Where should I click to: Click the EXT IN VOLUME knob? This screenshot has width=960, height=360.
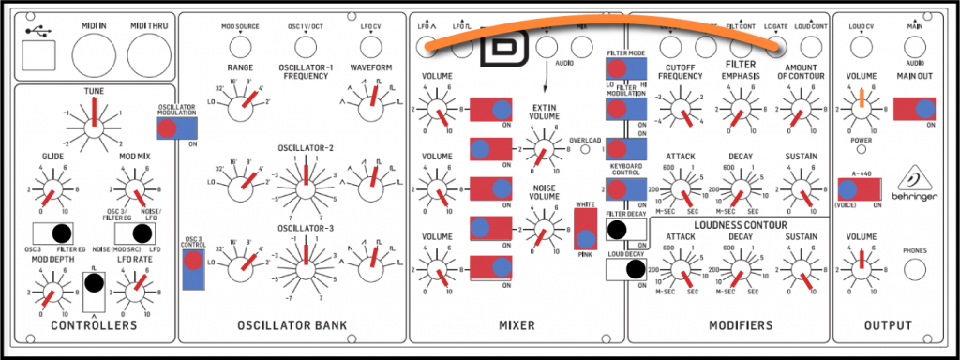click(541, 150)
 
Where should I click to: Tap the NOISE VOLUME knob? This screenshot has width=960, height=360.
click(541, 227)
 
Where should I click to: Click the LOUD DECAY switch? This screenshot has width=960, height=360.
click(627, 270)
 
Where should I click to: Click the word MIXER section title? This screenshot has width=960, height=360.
click(517, 325)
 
